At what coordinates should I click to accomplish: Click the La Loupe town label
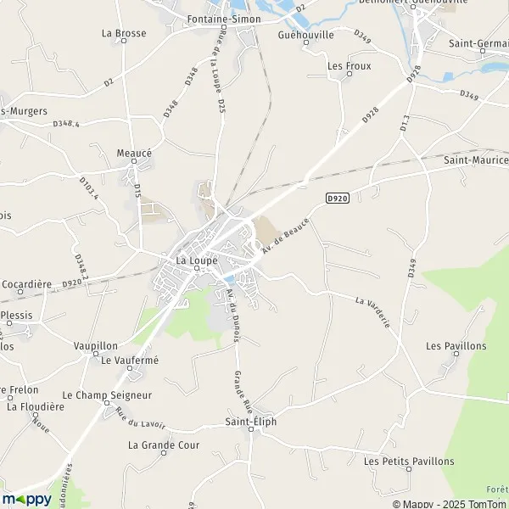pos(196,260)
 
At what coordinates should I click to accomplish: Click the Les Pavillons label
pos(456,346)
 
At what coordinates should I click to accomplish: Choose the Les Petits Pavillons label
pos(409,461)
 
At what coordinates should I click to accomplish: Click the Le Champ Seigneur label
pos(107,395)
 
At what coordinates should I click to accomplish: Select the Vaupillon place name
pos(95,346)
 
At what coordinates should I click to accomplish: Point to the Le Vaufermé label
pos(130,361)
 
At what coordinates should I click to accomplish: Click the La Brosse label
pos(124,34)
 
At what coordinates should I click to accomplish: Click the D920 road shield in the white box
pos(337,198)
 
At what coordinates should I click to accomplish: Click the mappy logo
pos(26,500)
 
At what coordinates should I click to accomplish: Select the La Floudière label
pos(36,406)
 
